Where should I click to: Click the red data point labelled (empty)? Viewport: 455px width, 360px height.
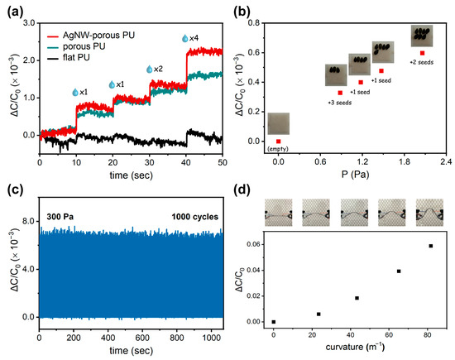279,142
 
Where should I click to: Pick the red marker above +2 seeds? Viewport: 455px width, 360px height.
422,53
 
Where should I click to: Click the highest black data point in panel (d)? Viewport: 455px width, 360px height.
430,246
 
